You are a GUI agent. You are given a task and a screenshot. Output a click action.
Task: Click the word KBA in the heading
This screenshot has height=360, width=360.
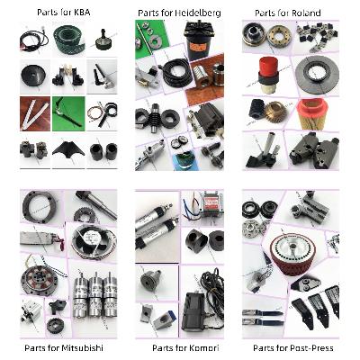81,13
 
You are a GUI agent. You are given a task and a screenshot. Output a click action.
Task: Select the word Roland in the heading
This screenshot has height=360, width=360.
305,13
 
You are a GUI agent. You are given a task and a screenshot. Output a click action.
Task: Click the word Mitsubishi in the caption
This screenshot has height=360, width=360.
82,348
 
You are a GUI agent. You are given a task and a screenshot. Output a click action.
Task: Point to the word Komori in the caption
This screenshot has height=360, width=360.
202,348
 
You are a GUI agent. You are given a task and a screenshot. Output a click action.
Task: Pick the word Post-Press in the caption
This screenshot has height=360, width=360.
311,348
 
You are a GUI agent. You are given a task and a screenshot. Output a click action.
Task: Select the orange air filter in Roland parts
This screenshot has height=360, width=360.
312,114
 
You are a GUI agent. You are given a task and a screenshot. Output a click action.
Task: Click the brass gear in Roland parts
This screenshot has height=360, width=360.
276,112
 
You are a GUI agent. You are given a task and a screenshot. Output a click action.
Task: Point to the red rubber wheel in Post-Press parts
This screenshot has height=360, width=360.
292,252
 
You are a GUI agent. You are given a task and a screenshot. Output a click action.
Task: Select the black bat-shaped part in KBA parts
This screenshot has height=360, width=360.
68,148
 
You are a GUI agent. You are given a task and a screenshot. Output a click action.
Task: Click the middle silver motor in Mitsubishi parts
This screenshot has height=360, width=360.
95,295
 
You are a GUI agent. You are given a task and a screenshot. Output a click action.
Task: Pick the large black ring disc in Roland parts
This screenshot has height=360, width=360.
317,75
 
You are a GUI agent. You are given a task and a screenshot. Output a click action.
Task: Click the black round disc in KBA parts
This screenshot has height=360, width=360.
33,75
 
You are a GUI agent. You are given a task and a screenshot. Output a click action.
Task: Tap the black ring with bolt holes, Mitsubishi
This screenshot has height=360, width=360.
39,207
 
